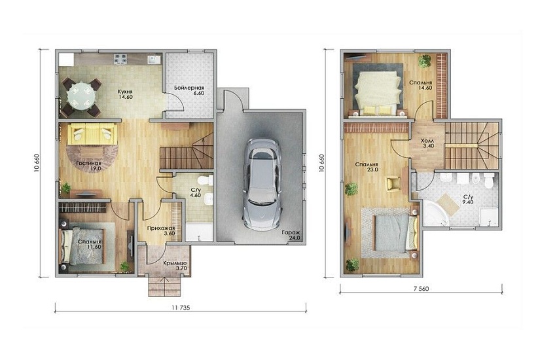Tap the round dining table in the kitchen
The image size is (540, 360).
(x=81, y=97)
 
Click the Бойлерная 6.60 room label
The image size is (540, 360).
(x=189, y=90)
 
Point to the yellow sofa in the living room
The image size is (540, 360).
(x=92, y=134)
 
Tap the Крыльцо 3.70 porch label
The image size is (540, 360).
(x=175, y=265)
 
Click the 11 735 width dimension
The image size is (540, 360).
(x=181, y=308)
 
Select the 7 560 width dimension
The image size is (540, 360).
(x=421, y=289)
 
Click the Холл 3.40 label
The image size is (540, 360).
(x=427, y=143)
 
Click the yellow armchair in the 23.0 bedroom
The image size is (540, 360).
(x=393, y=183)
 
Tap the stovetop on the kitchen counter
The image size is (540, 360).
(x=120, y=58)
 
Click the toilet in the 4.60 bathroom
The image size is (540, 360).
(x=206, y=180)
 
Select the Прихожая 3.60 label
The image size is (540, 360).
(x=161, y=230)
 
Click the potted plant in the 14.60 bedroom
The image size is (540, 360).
(x=425, y=62)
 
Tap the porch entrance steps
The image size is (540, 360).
(x=164, y=285)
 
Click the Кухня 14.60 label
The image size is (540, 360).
(x=126, y=94)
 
